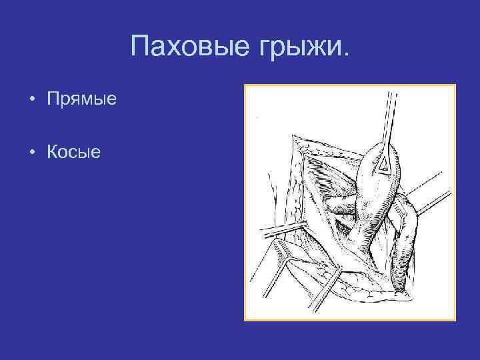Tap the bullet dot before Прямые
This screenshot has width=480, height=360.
[x=32, y=101]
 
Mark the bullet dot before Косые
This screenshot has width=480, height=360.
[x=32, y=153]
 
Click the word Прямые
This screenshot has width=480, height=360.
[x=81, y=100]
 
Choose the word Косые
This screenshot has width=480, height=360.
[x=73, y=153]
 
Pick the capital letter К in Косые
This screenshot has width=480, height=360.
[x=52, y=153]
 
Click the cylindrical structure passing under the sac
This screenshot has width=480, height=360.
[x=340, y=203]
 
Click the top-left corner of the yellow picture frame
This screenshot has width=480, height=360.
[x=245, y=85]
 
